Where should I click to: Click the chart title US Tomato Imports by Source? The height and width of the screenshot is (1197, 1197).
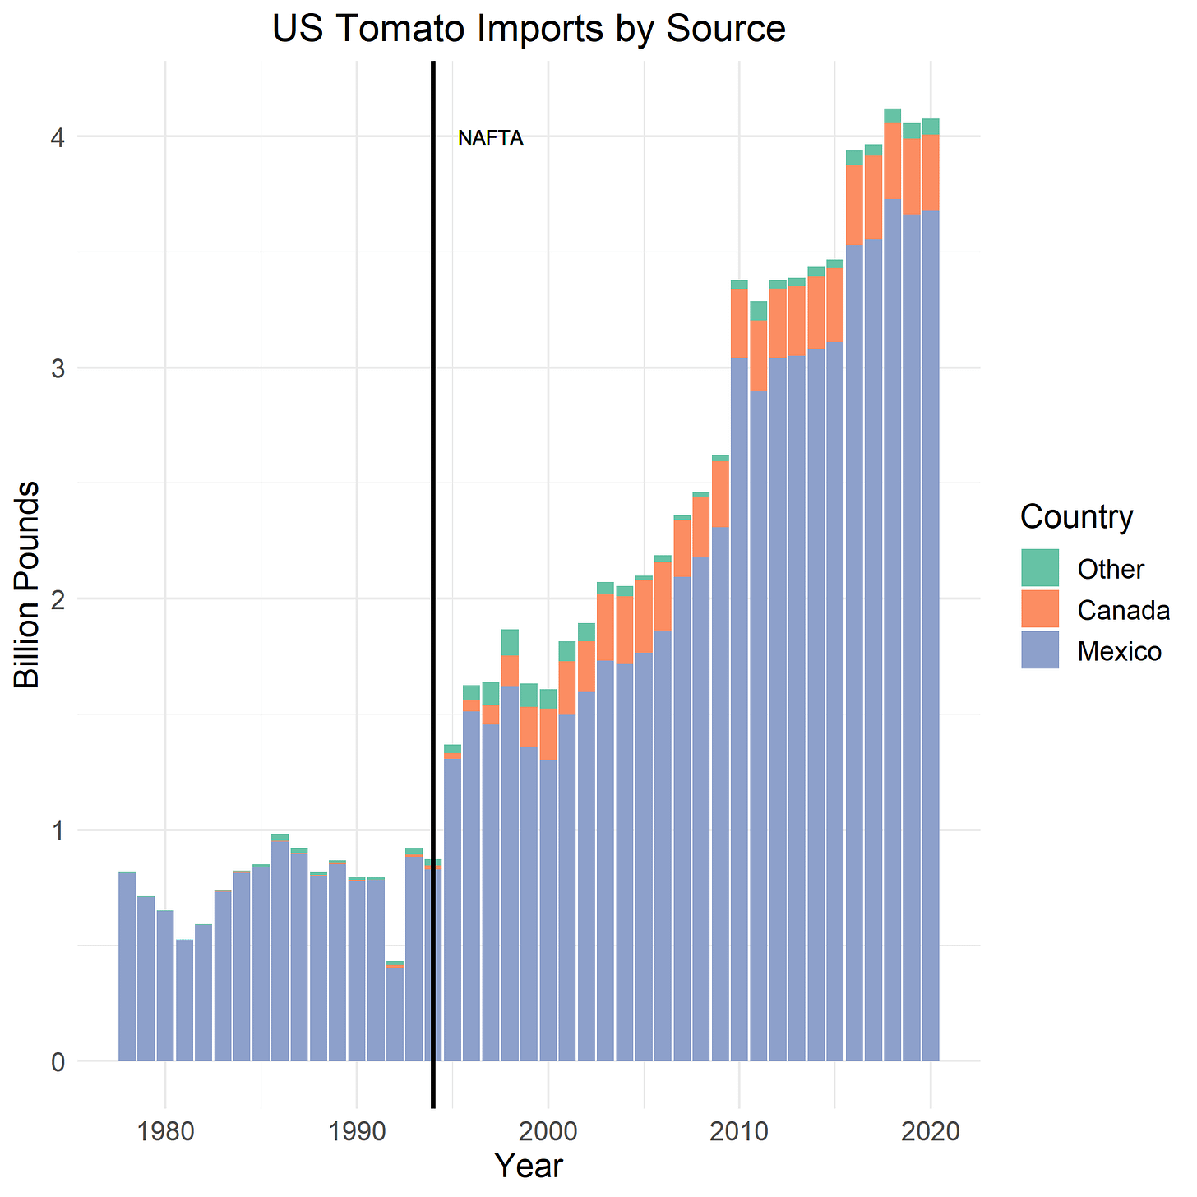coord(528,29)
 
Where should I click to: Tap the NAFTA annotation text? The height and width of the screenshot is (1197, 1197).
coord(490,138)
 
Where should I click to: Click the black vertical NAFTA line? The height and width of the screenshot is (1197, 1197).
coord(433,575)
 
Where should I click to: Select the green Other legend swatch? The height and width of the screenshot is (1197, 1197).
coord(1040,568)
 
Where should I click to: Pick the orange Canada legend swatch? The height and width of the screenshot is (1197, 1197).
coord(1040,609)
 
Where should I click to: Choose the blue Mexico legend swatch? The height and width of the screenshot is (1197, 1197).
coord(1040,650)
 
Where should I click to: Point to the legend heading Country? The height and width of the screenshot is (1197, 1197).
coord(1076,517)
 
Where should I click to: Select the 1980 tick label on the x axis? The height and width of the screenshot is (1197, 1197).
coord(164,1131)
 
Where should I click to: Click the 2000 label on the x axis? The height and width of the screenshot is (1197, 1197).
coord(548,1131)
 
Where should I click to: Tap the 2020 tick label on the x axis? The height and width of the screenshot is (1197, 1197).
coord(931,1131)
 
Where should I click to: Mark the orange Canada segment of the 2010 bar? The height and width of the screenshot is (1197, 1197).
coord(739,323)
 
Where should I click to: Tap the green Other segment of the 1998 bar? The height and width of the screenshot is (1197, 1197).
coord(510,642)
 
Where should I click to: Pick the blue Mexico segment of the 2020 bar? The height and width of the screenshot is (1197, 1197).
coord(931,658)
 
